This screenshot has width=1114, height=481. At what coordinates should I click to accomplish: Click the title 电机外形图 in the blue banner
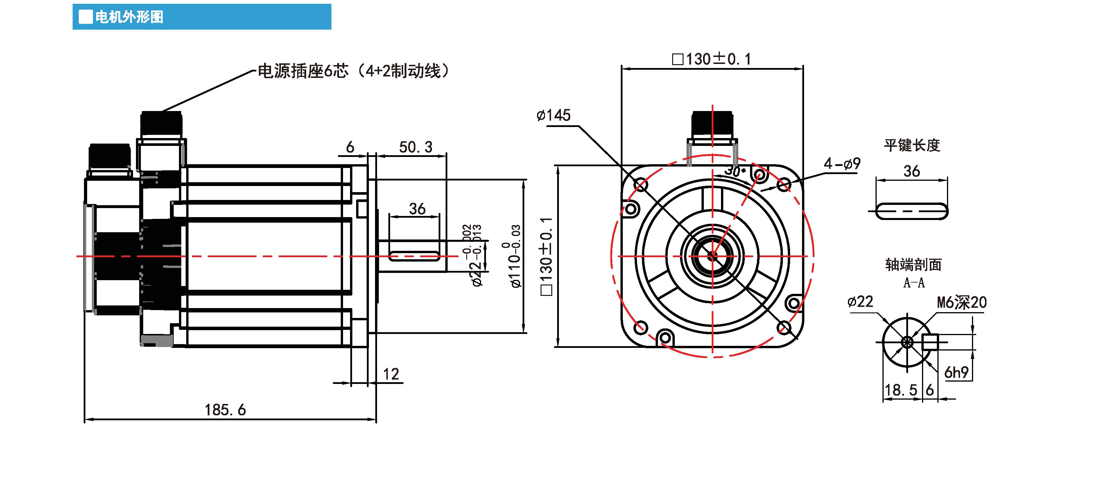click(x=129, y=17)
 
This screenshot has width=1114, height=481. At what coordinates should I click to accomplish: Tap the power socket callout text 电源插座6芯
click(x=303, y=71)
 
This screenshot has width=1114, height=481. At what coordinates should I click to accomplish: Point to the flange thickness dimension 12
click(x=391, y=374)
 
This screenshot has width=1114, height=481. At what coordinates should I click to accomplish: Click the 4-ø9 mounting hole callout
click(x=842, y=164)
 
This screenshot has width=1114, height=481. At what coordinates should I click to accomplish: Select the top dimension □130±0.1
click(x=711, y=59)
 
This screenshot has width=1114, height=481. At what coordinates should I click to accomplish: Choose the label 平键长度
click(x=912, y=145)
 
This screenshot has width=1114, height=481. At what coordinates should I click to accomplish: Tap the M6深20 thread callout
click(x=961, y=302)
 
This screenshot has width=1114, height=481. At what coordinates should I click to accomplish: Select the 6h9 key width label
click(x=956, y=372)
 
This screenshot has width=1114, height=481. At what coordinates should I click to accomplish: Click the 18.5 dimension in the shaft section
click(x=900, y=390)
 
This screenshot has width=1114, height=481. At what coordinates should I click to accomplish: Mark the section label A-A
click(x=914, y=282)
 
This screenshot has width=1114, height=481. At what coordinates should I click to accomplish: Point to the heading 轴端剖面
click(x=913, y=264)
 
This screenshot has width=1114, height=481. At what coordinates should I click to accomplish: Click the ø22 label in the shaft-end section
click(x=860, y=301)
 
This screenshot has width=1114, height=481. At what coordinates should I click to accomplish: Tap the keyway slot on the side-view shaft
click(x=414, y=256)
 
